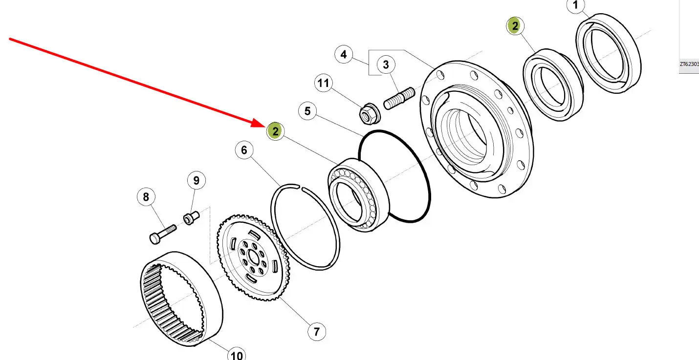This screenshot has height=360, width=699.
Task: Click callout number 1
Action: [x=575, y=6]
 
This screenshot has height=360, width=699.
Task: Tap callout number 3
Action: [x=386, y=64]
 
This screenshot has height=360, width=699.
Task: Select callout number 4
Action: [x=344, y=54]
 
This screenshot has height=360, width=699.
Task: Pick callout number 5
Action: [x=307, y=111]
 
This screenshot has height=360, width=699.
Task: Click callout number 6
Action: [x=244, y=150]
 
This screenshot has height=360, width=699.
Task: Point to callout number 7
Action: [x=316, y=332]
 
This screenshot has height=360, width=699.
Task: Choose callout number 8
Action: [x=146, y=197]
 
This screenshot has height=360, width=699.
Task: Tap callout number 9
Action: [x=196, y=181]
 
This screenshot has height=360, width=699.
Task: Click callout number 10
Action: [x=237, y=354]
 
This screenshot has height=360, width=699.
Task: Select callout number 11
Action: [x=323, y=84]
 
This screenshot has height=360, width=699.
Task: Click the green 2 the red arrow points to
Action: [x=276, y=131]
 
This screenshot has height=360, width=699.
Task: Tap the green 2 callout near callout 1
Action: [x=515, y=26]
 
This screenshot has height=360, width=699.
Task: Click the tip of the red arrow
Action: [x=264, y=126]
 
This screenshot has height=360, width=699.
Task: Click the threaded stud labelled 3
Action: [x=399, y=98]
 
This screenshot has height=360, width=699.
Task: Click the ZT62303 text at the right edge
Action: [x=689, y=64]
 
